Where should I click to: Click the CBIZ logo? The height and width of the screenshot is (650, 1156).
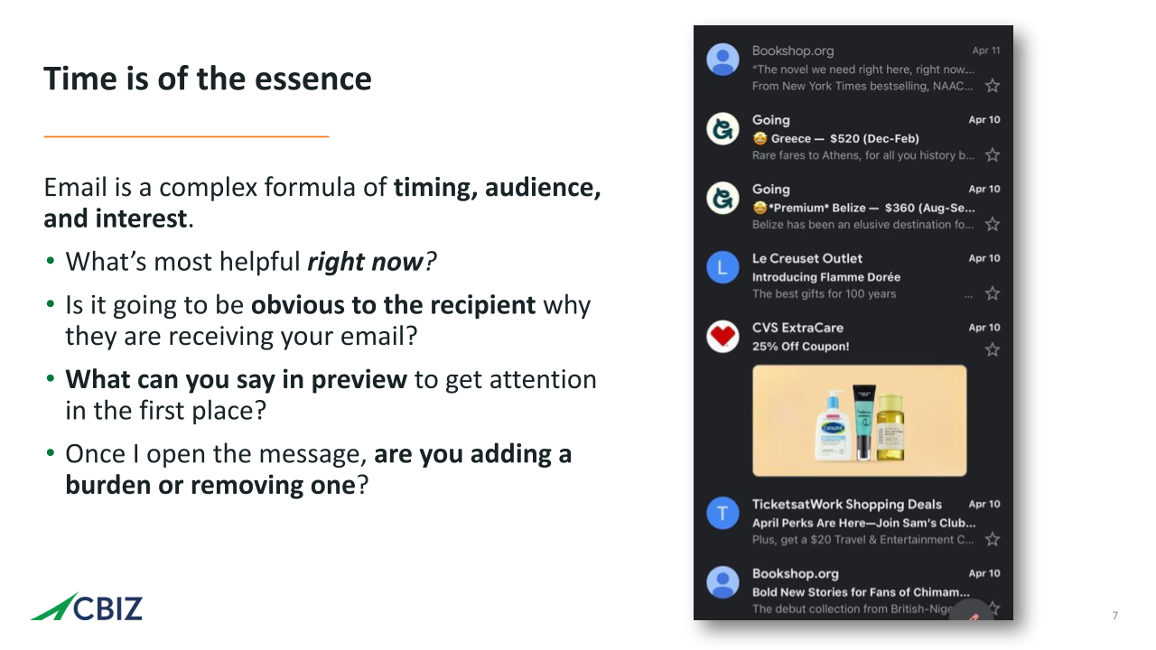(x=87, y=607)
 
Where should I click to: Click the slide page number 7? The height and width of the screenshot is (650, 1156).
(x=1115, y=616)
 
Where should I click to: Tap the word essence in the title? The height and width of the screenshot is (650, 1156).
(x=313, y=79)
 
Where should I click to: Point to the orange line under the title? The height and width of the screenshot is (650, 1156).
(x=186, y=136)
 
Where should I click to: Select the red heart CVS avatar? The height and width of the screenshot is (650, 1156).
(x=722, y=337)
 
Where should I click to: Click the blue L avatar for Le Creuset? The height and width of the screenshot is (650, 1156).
(x=722, y=267)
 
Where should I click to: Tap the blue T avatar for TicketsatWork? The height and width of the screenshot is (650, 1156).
(x=722, y=513)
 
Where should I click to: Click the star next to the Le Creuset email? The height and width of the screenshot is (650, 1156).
(x=993, y=293)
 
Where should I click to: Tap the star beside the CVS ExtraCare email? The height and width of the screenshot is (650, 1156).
(x=993, y=349)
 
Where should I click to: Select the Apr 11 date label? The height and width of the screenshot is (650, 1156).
(x=986, y=51)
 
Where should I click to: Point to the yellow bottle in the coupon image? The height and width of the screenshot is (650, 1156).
(x=890, y=427)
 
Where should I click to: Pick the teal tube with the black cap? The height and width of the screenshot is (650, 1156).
(x=863, y=422)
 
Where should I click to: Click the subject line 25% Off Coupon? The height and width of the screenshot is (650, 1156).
(x=800, y=346)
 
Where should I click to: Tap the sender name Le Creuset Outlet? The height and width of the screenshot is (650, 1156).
(x=807, y=258)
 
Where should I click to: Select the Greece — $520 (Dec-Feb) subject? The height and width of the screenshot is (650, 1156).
(x=844, y=138)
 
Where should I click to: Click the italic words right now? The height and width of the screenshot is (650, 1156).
(x=366, y=262)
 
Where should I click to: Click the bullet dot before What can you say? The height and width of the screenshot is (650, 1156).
(x=50, y=378)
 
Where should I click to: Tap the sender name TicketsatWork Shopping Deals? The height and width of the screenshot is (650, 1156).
(x=847, y=504)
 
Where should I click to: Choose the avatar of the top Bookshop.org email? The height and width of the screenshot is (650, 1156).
(x=722, y=60)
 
